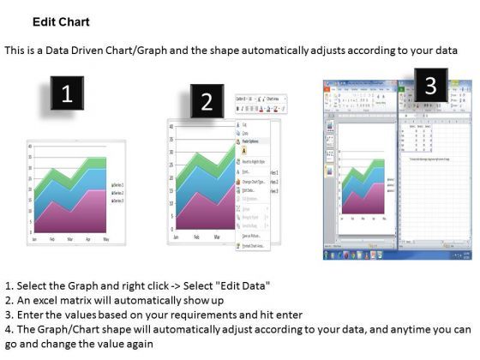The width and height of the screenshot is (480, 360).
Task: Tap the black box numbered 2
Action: click(x=206, y=102)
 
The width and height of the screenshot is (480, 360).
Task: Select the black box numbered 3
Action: click(x=430, y=84)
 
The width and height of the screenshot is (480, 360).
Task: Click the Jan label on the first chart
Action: click(x=34, y=239)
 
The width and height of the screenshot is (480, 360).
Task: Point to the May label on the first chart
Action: click(x=106, y=239)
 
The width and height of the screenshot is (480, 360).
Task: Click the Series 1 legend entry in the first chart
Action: click(x=118, y=185)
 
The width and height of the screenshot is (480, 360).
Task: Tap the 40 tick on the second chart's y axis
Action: click(x=171, y=127)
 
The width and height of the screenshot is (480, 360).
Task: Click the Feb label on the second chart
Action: click(x=196, y=236)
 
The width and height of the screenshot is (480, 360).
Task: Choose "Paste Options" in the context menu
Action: click(x=256, y=141)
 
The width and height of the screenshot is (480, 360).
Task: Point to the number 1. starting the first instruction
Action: click(x=9, y=284)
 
